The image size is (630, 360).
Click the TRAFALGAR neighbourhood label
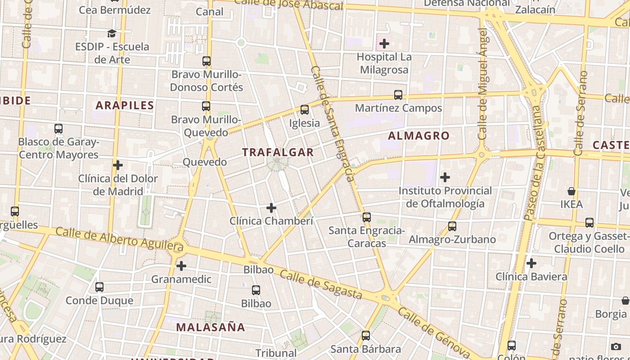[278, 152]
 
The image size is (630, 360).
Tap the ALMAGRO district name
[418, 135]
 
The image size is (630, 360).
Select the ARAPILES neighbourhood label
[125, 105]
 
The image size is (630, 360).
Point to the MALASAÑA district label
[211, 327]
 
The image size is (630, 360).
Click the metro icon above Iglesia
[305, 110]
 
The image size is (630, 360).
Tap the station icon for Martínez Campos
[398, 95]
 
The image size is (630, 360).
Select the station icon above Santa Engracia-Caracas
[367, 217]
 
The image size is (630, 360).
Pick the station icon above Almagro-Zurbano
[452, 226]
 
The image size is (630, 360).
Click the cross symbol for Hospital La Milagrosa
[384, 44]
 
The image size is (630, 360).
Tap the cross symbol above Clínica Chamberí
[271, 208]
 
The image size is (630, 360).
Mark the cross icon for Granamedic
[181, 266]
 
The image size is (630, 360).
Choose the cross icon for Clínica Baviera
[531, 263]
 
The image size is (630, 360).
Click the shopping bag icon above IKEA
[571, 191]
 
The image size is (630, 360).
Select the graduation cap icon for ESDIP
[112, 33]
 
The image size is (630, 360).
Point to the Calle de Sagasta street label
[320, 284]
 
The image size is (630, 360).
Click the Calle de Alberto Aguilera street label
[120, 238]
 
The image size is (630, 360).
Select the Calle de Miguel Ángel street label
[483, 84]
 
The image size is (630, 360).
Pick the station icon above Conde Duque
[99, 287]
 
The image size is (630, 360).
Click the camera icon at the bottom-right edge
[616, 346]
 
